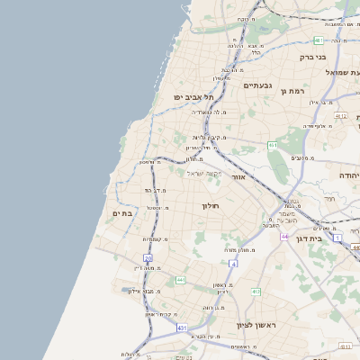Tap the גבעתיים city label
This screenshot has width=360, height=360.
tap(258, 85)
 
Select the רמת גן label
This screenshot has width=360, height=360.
tap(294, 91)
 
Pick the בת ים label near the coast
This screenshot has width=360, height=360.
tap(122, 213)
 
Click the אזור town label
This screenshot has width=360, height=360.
tap(238, 177)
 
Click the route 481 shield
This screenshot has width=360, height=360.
tap(319, 40)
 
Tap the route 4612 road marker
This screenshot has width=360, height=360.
tap(340, 116)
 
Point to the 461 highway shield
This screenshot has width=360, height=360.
tap(273, 144)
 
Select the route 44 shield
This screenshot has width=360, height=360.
tap(283, 237)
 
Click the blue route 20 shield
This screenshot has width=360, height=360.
tap(148, 258)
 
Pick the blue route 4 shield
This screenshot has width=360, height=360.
tap(231, 264)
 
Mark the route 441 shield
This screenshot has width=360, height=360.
tap(181, 281)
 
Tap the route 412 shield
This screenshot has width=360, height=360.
tap(256, 292)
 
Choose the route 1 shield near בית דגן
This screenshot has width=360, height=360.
tap(337, 238)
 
